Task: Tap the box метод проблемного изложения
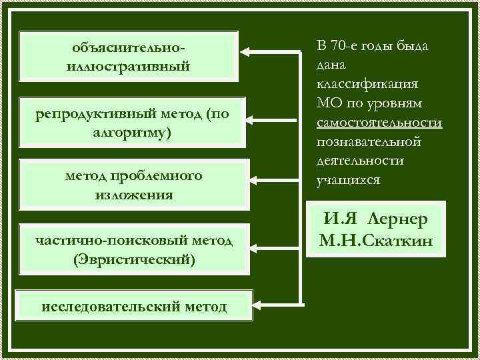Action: pos(133,185)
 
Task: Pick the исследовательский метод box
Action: pos(134,306)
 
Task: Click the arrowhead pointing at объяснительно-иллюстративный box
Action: pos(246,51)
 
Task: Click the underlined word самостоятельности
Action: pos(379,123)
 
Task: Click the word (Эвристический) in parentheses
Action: pos(135,258)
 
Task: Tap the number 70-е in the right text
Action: pos(346,46)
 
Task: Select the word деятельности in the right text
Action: pos(360,161)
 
